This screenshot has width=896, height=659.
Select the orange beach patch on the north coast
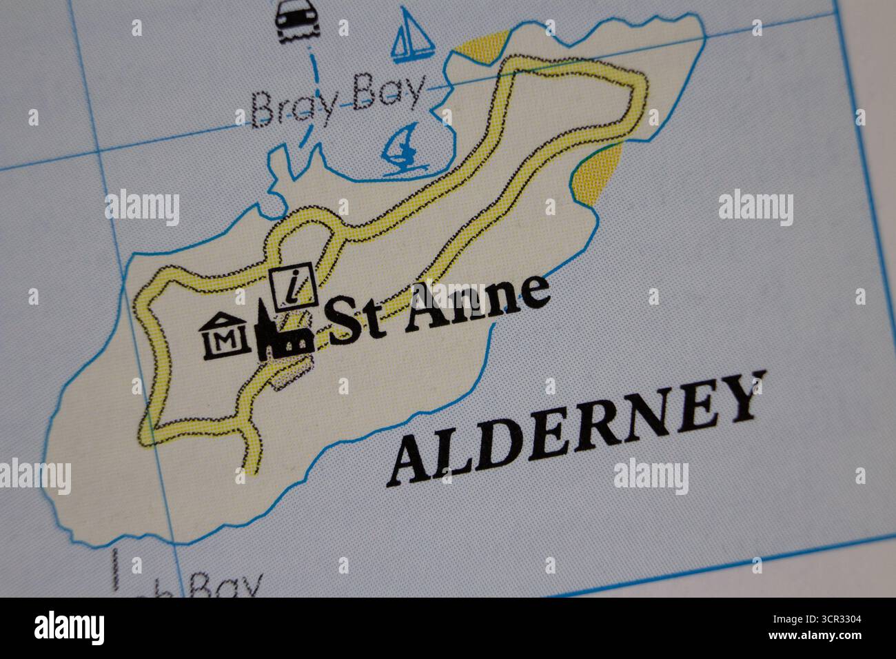pos(481,52)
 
